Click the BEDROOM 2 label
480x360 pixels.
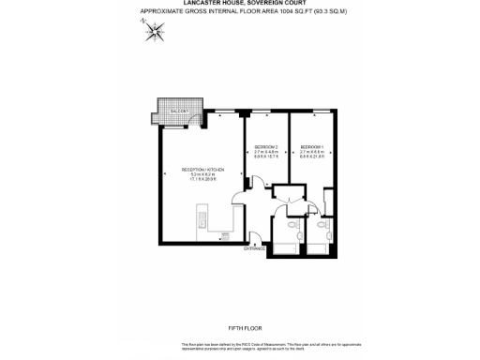click(266, 148)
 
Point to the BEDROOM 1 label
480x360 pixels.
click(311, 148)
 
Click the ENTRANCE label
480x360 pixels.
click(254, 248)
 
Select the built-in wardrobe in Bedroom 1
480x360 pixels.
click(329, 202)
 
